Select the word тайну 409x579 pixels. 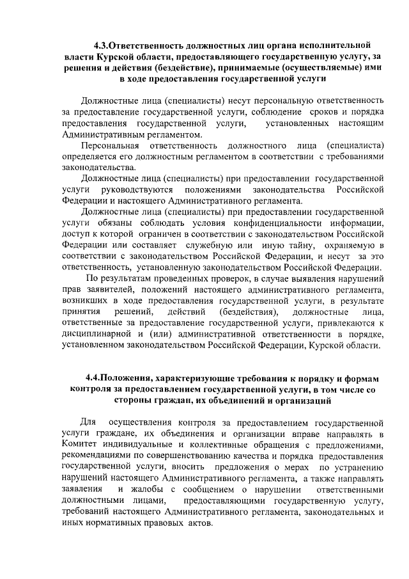tap(291, 246)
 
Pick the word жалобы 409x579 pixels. tap(144, 489)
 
